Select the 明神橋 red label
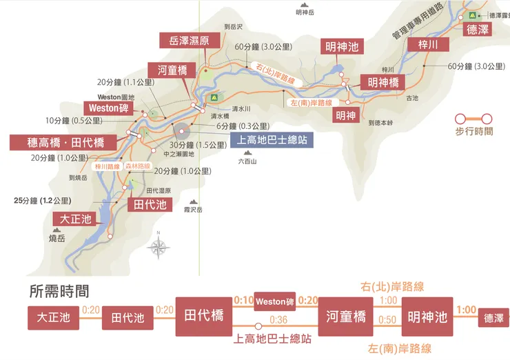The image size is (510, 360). [383, 82]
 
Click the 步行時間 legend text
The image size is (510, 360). [474, 131]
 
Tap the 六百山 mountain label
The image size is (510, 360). [247, 161]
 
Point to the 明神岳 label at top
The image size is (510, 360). [304, 12]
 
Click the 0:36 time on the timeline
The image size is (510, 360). [279, 319]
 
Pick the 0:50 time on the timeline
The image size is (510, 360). [388, 319]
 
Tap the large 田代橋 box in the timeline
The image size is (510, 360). [204, 317]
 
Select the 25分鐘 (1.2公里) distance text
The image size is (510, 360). [42, 201]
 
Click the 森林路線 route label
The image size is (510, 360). [138, 167]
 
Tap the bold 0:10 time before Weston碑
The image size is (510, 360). [244, 301]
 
